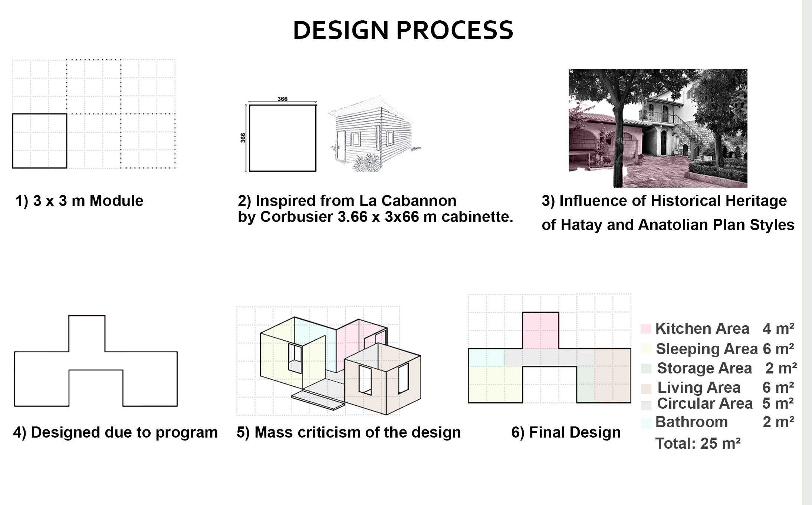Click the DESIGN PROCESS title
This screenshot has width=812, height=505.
403,30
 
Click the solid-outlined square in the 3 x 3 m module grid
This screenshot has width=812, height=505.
40,114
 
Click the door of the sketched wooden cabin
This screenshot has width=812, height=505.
341,145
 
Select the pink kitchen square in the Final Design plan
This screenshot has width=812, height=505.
540,330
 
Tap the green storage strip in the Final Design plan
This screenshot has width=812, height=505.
586,384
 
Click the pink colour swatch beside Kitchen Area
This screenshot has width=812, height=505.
645,329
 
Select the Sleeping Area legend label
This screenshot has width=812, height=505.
707,349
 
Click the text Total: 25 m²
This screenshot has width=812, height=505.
698,443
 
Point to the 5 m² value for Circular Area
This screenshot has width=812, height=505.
778,403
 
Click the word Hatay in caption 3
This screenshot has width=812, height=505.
581,225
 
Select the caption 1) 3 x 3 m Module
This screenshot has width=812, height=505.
79,201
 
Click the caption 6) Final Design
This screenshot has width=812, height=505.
566,432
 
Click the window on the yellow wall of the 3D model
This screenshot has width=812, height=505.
295,358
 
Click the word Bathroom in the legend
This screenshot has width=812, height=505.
691,422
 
